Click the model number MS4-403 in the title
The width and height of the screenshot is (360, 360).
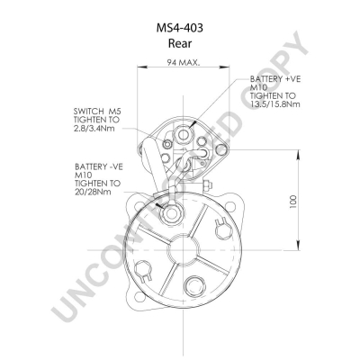(180, 28)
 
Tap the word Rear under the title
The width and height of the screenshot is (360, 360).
(180, 43)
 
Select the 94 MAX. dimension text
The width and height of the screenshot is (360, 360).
(184, 63)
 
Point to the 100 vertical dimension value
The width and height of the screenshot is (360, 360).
(293, 202)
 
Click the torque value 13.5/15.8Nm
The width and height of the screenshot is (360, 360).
(275, 104)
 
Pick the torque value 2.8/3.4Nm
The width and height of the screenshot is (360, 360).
(94, 129)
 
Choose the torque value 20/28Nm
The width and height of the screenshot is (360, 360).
(93, 192)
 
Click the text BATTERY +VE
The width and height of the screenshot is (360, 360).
(275, 79)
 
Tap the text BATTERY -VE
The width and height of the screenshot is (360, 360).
(99, 166)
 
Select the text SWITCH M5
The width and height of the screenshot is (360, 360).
(97, 112)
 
